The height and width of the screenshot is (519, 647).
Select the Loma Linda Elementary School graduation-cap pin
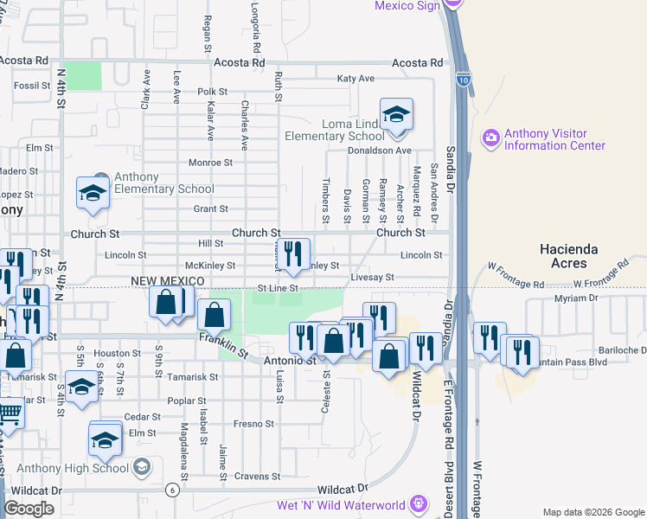[x=396, y=116]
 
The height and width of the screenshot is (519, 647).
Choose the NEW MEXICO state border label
[x=167, y=282]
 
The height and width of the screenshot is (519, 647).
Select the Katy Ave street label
[x=356, y=79]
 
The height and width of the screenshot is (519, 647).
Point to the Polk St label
[x=212, y=91]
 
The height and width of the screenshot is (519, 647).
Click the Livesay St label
[x=372, y=278]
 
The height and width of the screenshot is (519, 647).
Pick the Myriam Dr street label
[x=575, y=298]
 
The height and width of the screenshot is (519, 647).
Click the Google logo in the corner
[x=29, y=509]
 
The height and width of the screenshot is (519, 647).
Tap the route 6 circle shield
[x=172, y=490]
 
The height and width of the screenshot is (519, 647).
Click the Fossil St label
[x=33, y=86]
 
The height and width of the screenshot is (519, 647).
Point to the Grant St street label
[x=210, y=208]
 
